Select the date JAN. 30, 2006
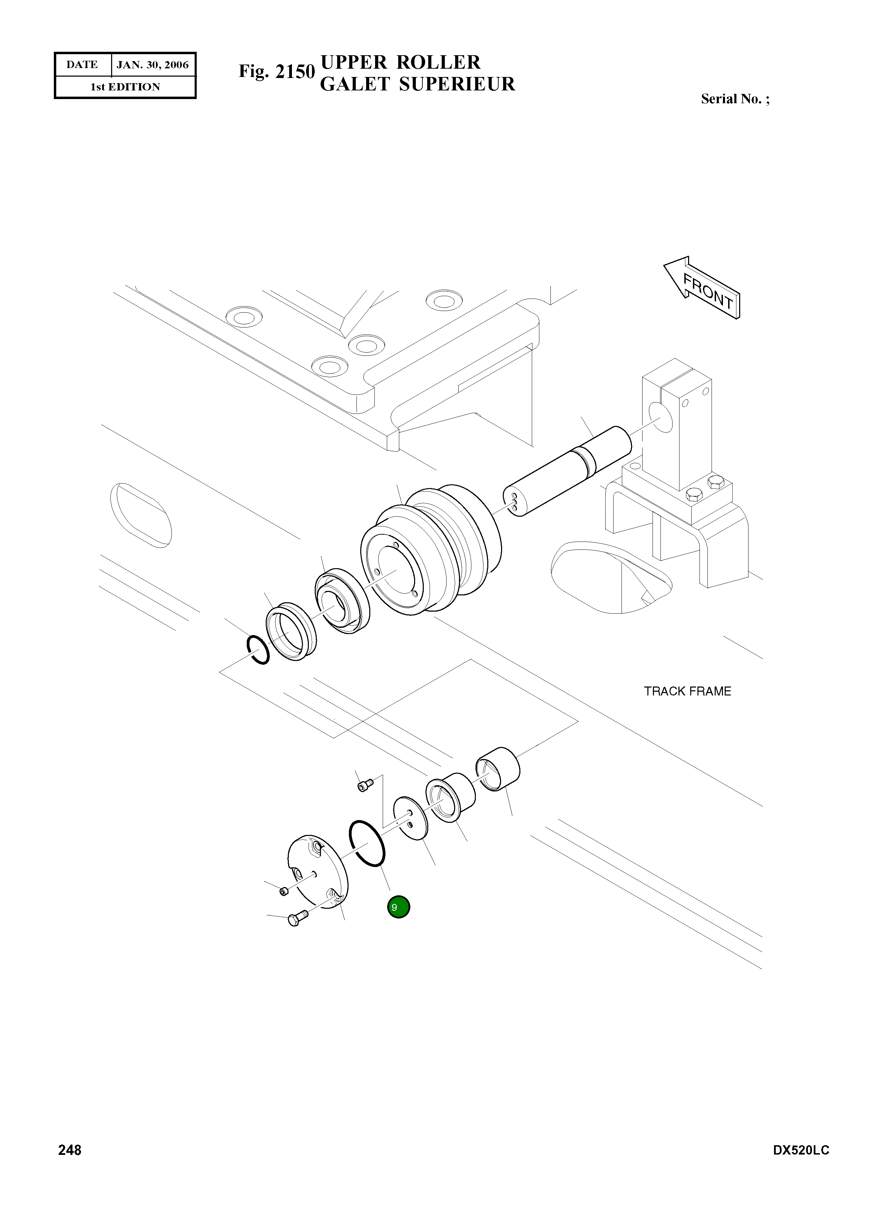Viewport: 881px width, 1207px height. [x=153, y=65]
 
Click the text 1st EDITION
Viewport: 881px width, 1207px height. [x=125, y=87]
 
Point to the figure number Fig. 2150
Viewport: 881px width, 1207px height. [x=276, y=71]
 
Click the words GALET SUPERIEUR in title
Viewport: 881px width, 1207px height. [x=417, y=84]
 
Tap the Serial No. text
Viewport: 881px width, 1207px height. [x=735, y=99]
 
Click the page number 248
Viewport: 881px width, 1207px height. [x=70, y=1150]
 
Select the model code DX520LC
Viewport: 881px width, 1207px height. [x=801, y=1150]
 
